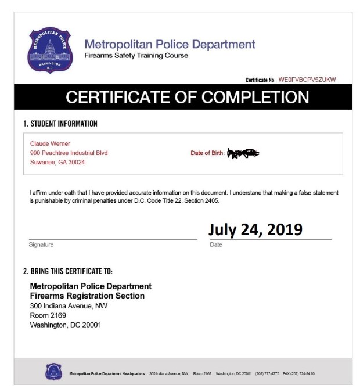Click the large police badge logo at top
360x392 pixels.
click(x=51, y=50)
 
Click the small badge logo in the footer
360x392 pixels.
click(x=53, y=372)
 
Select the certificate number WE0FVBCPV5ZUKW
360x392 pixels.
click(x=307, y=80)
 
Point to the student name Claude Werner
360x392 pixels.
click(x=50, y=143)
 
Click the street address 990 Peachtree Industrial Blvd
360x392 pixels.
click(x=69, y=153)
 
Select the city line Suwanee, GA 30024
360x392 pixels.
click(x=57, y=163)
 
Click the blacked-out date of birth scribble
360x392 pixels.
click(x=243, y=154)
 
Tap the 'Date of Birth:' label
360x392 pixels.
click(x=207, y=153)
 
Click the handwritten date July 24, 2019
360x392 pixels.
click(x=255, y=229)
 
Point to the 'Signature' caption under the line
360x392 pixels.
click(x=41, y=244)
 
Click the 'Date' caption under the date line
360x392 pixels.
click(x=216, y=244)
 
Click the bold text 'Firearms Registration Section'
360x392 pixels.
click(x=87, y=296)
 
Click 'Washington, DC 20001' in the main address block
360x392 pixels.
click(x=65, y=325)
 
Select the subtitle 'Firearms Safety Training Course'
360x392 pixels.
click(x=136, y=56)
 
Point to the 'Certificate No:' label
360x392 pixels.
click(x=260, y=80)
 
